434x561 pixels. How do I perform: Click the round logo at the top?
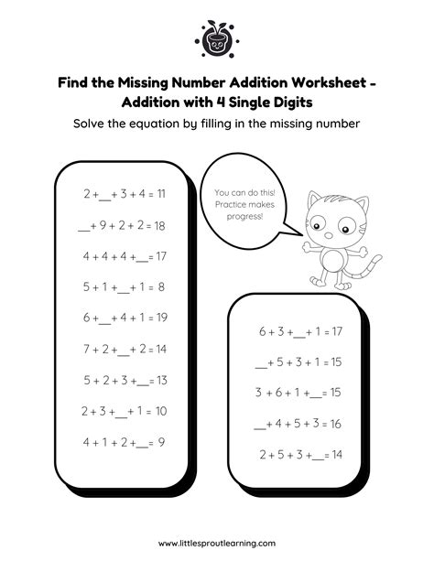(x=217, y=38)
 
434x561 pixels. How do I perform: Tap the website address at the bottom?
(x=216, y=542)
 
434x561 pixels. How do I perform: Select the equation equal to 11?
(x=124, y=194)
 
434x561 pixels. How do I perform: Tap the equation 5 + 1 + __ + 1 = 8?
(x=124, y=286)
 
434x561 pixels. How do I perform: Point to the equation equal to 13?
(x=124, y=380)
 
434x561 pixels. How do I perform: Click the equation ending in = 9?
(x=124, y=442)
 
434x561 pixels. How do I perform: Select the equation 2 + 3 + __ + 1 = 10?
(x=124, y=411)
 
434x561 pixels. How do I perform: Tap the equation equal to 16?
(x=298, y=423)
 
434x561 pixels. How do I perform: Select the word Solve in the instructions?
(x=92, y=124)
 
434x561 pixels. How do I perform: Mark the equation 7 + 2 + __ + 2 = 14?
(x=124, y=349)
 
